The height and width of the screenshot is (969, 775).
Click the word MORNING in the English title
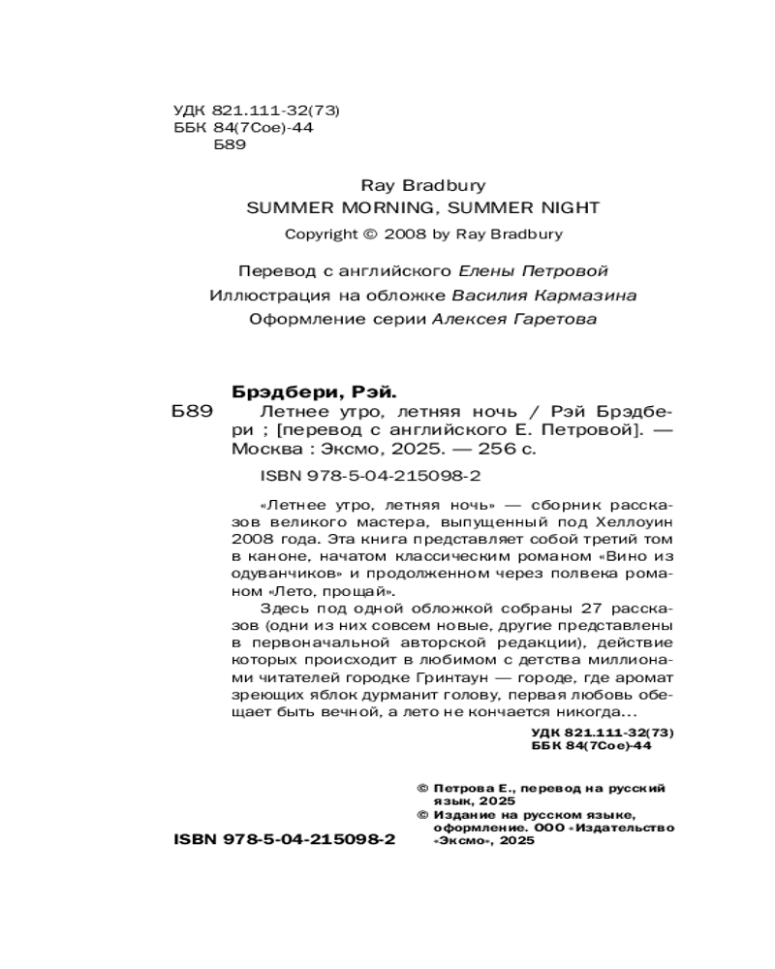point(381,206)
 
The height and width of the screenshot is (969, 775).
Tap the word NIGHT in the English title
point(569,206)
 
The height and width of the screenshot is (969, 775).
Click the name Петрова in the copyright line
point(461,790)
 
